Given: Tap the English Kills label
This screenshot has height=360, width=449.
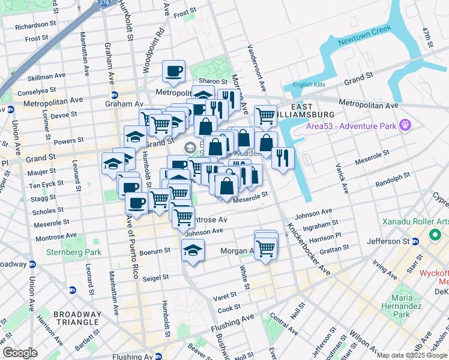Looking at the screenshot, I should pos(309,85).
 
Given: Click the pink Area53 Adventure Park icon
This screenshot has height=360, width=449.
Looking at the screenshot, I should pos(406,124).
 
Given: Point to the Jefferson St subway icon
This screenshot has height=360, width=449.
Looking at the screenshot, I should pos(415,241).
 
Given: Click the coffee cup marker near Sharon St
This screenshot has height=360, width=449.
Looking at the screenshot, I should pos(173,71).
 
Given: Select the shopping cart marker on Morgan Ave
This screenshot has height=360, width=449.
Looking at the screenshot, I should pos(265,247).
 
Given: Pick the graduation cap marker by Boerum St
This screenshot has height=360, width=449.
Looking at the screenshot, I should pos(193,250).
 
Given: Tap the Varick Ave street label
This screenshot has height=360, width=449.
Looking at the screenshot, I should pos(342,177).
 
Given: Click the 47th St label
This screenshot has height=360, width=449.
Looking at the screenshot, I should pos(427,37).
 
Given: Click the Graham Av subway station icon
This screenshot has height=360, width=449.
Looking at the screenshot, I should pos(114,95).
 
